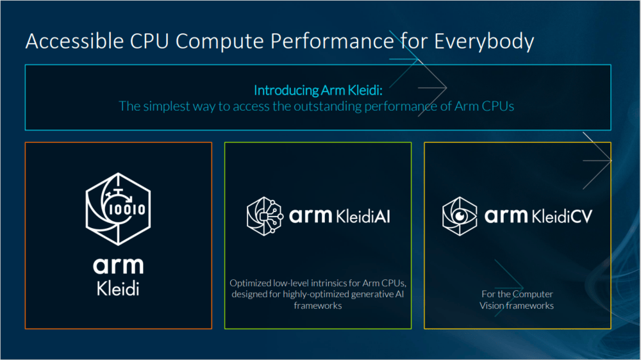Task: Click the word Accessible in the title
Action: click(x=74, y=41)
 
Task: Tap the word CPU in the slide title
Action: click(x=149, y=41)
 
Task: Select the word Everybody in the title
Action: click(x=484, y=42)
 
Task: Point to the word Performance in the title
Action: click(x=332, y=41)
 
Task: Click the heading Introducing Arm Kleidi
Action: click(x=318, y=90)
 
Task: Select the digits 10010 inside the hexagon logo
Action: click(x=127, y=209)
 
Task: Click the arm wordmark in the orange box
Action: click(x=118, y=266)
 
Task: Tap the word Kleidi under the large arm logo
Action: click(x=118, y=289)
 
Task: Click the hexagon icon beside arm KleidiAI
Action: click(x=265, y=216)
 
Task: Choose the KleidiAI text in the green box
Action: click(x=363, y=216)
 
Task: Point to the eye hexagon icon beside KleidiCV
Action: click(x=460, y=216)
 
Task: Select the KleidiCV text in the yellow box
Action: click(x=562, y=216)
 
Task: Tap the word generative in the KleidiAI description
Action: click(x=372, y=294)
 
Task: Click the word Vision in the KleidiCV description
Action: click(x=492, y=306)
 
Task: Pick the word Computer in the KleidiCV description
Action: click(x=533, y=294)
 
